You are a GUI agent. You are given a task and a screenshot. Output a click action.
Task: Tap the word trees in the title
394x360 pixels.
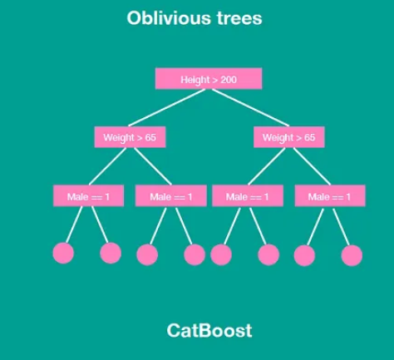(239, 18)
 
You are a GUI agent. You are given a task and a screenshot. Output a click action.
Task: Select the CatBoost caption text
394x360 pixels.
(209, 330)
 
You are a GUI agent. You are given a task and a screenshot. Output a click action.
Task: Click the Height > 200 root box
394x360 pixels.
(209, 79)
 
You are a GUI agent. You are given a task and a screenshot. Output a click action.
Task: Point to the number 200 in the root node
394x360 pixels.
(229, 80)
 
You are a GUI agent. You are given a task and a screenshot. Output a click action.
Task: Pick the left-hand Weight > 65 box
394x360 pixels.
(130, 137)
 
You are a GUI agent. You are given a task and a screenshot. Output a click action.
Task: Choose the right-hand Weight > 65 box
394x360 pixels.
(289, 137)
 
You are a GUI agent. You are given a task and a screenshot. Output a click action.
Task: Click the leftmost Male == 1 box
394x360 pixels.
(88, 196)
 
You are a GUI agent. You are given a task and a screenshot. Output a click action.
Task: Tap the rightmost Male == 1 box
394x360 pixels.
(330, 196)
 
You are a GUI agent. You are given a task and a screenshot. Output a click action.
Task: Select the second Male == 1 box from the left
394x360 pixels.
(171, 196)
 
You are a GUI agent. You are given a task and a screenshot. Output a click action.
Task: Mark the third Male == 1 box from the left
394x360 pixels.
(248, 196)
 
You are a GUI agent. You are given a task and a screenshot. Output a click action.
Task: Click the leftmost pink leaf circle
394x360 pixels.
(63, 253)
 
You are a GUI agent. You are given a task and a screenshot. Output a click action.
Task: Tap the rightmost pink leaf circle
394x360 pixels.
(352, 255)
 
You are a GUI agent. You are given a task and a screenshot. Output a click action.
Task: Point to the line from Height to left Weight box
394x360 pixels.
(166, 108)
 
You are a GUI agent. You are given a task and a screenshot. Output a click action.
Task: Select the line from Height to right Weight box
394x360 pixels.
(250, 108)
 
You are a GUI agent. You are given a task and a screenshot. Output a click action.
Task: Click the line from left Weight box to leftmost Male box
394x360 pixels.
(107, 166)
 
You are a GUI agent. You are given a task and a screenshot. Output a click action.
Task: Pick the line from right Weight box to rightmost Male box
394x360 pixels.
(312, 166)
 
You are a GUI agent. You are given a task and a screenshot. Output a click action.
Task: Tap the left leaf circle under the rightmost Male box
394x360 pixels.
(304, 255)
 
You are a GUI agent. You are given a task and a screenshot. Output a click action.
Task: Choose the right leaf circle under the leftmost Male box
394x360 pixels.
(111, 253)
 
